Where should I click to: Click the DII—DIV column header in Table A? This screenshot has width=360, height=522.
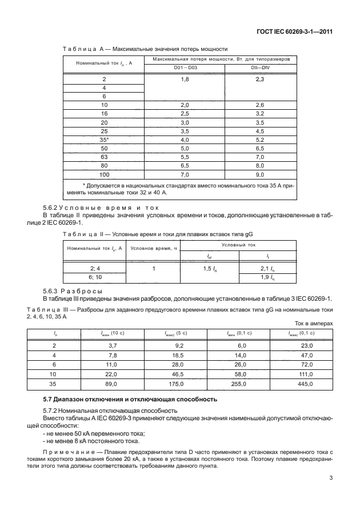pyautogui.click(x=260, y=68)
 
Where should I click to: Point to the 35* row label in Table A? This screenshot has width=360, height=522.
pyautogui.click(x=103, y=139)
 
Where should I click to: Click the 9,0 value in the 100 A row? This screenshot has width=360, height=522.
pyautogui.click(x=260, y=173)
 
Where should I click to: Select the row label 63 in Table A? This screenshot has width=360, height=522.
pyautogui.click(x=103, y=156)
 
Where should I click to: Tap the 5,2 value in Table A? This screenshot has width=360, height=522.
pyautogui.click(x=260, y=139)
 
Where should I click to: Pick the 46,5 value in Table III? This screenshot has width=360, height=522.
pyautogui.click(x=169, y=374)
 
